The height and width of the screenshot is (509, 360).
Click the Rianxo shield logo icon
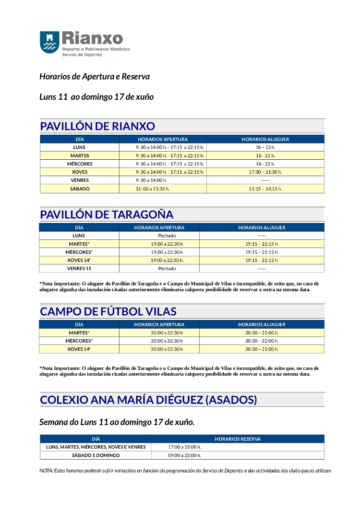point(49,42)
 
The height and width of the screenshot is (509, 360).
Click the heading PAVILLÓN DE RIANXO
point(97,126)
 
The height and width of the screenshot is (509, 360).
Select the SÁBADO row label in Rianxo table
point(80,189)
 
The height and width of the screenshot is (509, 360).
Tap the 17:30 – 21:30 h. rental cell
point(265,172)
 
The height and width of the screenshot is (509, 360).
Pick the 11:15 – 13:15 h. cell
point(265,189)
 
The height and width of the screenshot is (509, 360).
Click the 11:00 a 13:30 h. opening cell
point(153,189)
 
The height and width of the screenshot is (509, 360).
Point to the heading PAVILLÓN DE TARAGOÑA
point(107,214)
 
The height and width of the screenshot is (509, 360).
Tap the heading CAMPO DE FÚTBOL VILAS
point(108,311)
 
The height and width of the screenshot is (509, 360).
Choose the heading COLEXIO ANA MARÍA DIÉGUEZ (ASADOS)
point(148,400)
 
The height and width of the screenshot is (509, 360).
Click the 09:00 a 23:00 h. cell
point(184,455)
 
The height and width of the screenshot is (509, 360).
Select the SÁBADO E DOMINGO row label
point(96,455)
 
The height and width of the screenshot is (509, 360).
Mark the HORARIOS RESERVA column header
point(238,439)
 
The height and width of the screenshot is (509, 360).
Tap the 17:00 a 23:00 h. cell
point(184,447)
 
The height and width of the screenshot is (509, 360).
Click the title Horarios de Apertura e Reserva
point(95,76)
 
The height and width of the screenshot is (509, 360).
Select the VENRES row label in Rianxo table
point(80,180)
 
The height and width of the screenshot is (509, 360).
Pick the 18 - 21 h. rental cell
point(265,155)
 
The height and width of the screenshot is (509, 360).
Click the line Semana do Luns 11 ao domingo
point(117,422)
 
